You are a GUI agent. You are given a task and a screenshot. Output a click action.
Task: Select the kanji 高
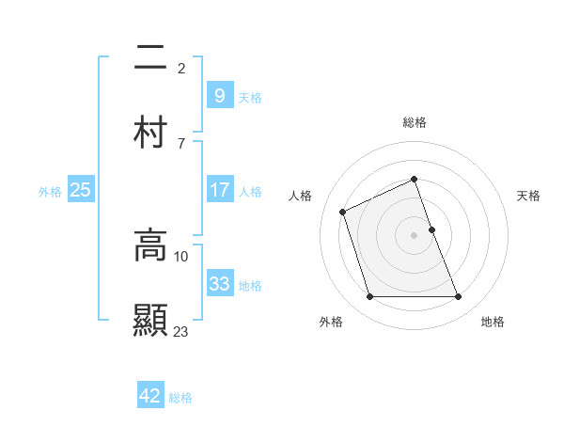(150, 245)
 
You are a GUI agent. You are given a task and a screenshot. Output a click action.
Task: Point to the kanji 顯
(150, 319)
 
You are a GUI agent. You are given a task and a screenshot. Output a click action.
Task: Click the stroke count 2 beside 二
(181, 69)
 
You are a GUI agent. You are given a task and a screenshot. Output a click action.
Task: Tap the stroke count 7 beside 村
(181, 143)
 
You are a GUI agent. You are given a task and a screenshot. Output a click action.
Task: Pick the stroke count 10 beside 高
(181, 256)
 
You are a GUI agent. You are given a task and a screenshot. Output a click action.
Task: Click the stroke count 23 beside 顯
(181, 331)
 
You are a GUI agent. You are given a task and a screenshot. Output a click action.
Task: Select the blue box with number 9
(219, 95)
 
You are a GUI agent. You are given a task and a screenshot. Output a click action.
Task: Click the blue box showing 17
(219, 190)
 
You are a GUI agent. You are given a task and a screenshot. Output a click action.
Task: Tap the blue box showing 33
(219, 284)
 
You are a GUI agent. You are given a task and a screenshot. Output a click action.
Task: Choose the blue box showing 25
(80, 190)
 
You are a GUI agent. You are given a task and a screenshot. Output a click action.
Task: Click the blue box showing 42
(150, 396)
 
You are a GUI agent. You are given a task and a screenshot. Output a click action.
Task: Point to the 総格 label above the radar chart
(415, 122)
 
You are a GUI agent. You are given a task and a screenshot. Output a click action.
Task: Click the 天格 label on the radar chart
(529, 196)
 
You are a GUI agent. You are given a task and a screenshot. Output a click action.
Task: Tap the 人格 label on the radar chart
(301, 196)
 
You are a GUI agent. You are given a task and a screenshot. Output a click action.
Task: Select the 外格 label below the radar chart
(331, 322)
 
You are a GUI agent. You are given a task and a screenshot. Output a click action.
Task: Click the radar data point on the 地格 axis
(459, 297)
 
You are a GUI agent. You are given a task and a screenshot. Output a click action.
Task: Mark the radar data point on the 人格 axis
(344, 211)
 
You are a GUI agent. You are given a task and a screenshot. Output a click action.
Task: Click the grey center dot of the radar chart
(415, 234)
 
